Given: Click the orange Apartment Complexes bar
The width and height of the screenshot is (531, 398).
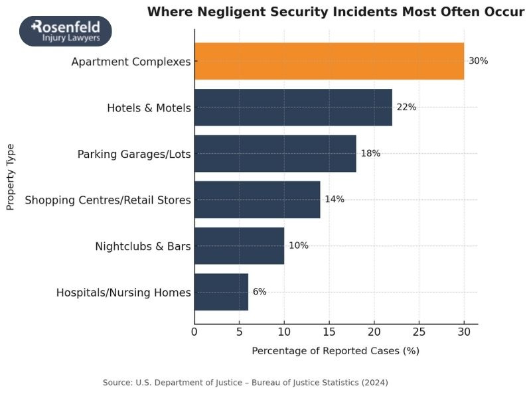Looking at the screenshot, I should (329, 61).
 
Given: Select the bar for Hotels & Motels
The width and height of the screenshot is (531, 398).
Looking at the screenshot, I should (293, 107).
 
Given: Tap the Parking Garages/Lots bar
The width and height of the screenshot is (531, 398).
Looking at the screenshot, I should (275, 153).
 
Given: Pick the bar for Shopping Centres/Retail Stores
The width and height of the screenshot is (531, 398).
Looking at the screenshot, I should (258, 200).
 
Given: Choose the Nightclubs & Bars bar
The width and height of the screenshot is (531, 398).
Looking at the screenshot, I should (240, 245).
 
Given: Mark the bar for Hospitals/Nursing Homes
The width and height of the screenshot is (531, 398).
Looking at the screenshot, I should (222, 292).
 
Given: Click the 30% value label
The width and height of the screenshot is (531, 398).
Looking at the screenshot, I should (478, 61).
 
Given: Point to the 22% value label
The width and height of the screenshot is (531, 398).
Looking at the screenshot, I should (406, 107).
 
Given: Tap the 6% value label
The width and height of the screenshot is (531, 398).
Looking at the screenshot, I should (260, 292).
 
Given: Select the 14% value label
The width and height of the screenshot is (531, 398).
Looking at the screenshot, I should (335, 200).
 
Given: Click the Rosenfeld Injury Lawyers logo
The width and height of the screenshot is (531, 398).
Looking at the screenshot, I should (66, 31).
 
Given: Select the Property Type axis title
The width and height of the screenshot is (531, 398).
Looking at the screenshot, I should (11, 176).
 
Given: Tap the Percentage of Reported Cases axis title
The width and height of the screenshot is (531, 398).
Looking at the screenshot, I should (335, 351).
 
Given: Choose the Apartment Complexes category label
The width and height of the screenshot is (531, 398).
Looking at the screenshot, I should (131, 62).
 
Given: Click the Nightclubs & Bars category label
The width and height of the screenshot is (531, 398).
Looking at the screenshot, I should (143, 246).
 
